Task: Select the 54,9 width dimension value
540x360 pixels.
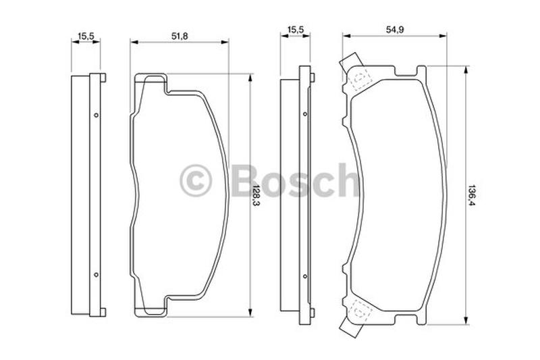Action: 396,30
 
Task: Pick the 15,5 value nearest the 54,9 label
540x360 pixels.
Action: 295,30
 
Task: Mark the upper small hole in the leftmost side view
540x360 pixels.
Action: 96,115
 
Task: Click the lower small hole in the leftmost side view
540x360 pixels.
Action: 96,274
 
